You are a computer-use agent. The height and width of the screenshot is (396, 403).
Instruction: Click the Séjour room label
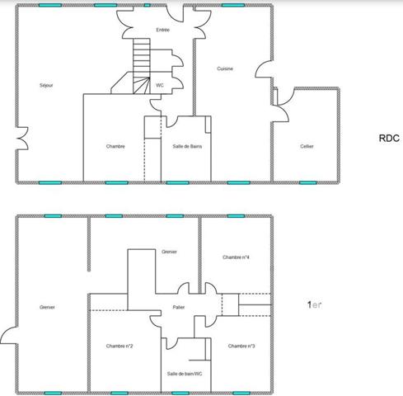tap(46, 85)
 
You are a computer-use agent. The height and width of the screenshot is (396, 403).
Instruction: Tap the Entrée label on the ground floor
tap(162, 30)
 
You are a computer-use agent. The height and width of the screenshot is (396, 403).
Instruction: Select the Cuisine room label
tap(225, 68)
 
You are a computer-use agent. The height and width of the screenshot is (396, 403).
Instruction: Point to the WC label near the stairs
tap(159, 84)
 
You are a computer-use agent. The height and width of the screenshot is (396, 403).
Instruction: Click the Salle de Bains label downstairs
tap(187, 146)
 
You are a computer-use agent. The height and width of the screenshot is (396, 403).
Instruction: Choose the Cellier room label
tap(307, 146)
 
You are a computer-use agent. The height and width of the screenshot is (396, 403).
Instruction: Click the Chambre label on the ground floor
tap(115, 146)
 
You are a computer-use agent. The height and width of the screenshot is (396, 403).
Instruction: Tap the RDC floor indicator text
tap(389, 139)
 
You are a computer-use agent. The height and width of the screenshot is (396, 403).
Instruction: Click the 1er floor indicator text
tap(314, 304)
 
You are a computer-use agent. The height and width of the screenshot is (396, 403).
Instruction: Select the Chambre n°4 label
tap(236, 257)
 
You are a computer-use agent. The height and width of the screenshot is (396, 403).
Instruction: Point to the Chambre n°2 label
tap(120, 346)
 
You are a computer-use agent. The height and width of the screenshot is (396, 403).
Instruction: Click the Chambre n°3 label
tap(241, 346)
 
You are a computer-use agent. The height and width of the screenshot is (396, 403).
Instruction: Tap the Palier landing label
tap(179, 307)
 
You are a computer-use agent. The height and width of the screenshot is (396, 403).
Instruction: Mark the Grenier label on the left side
tap(46, 307)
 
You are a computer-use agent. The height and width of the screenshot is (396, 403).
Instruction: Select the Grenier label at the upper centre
tap(170, 251)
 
